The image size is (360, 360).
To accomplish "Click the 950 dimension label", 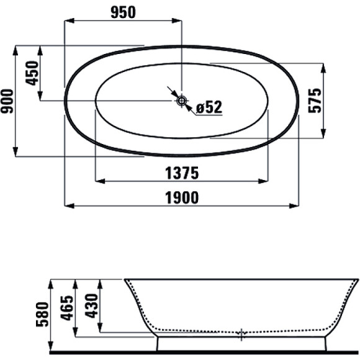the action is tap(124, 12).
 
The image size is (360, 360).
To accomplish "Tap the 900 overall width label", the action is tap(7, 101).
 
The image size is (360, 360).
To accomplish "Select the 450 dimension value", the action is tap(32, 73).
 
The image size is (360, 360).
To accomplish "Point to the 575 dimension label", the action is tap(315, 101).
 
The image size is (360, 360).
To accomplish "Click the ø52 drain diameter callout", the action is tap(209, 107).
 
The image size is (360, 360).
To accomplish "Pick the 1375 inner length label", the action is tap(182, 173).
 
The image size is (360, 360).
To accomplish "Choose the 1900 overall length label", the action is tap(182, 198).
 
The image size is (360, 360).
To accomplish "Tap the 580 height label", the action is tap(42, 315).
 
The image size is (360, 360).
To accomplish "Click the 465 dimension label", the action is tap(67, 308).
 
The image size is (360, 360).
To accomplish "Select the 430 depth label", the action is tap(91, 306).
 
